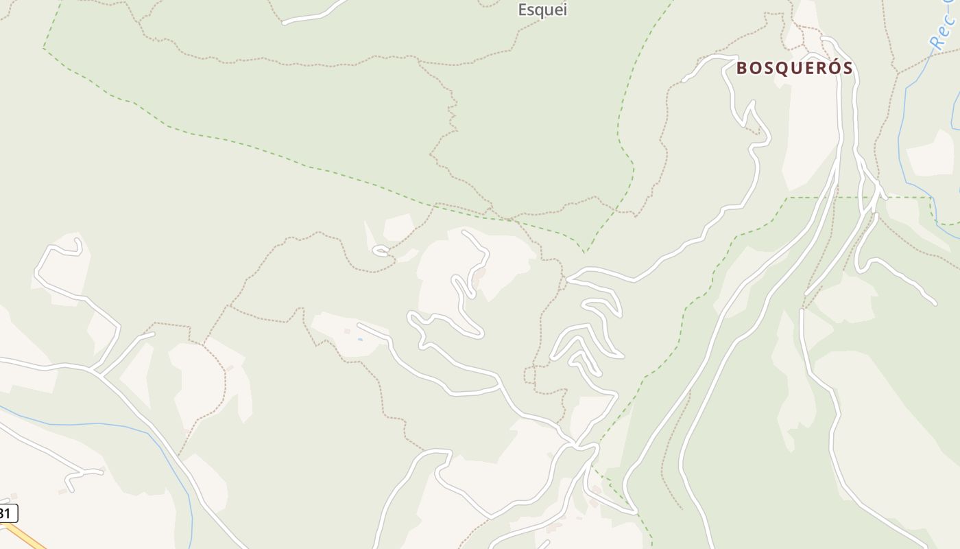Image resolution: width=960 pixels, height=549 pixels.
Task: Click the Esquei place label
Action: pos(542,10)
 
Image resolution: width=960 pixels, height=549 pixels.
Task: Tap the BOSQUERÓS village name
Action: pos(795,68)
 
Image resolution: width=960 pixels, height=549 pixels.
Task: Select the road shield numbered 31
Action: pos(8,513)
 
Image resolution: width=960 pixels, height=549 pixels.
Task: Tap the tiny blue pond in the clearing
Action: pos(360,339)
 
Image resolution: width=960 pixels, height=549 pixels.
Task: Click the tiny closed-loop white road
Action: pos(381,251)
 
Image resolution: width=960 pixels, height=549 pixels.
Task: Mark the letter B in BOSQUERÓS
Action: pos(743,68)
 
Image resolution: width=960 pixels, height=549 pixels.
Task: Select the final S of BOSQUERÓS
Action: pos(847,68)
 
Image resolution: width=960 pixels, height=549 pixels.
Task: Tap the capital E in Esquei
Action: pos(523,10)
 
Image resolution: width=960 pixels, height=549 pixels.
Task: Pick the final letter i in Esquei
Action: pos(564,10)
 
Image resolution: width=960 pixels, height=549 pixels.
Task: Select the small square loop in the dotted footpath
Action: pos(529,375)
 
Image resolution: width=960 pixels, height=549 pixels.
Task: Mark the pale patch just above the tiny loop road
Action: pos(398,227)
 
